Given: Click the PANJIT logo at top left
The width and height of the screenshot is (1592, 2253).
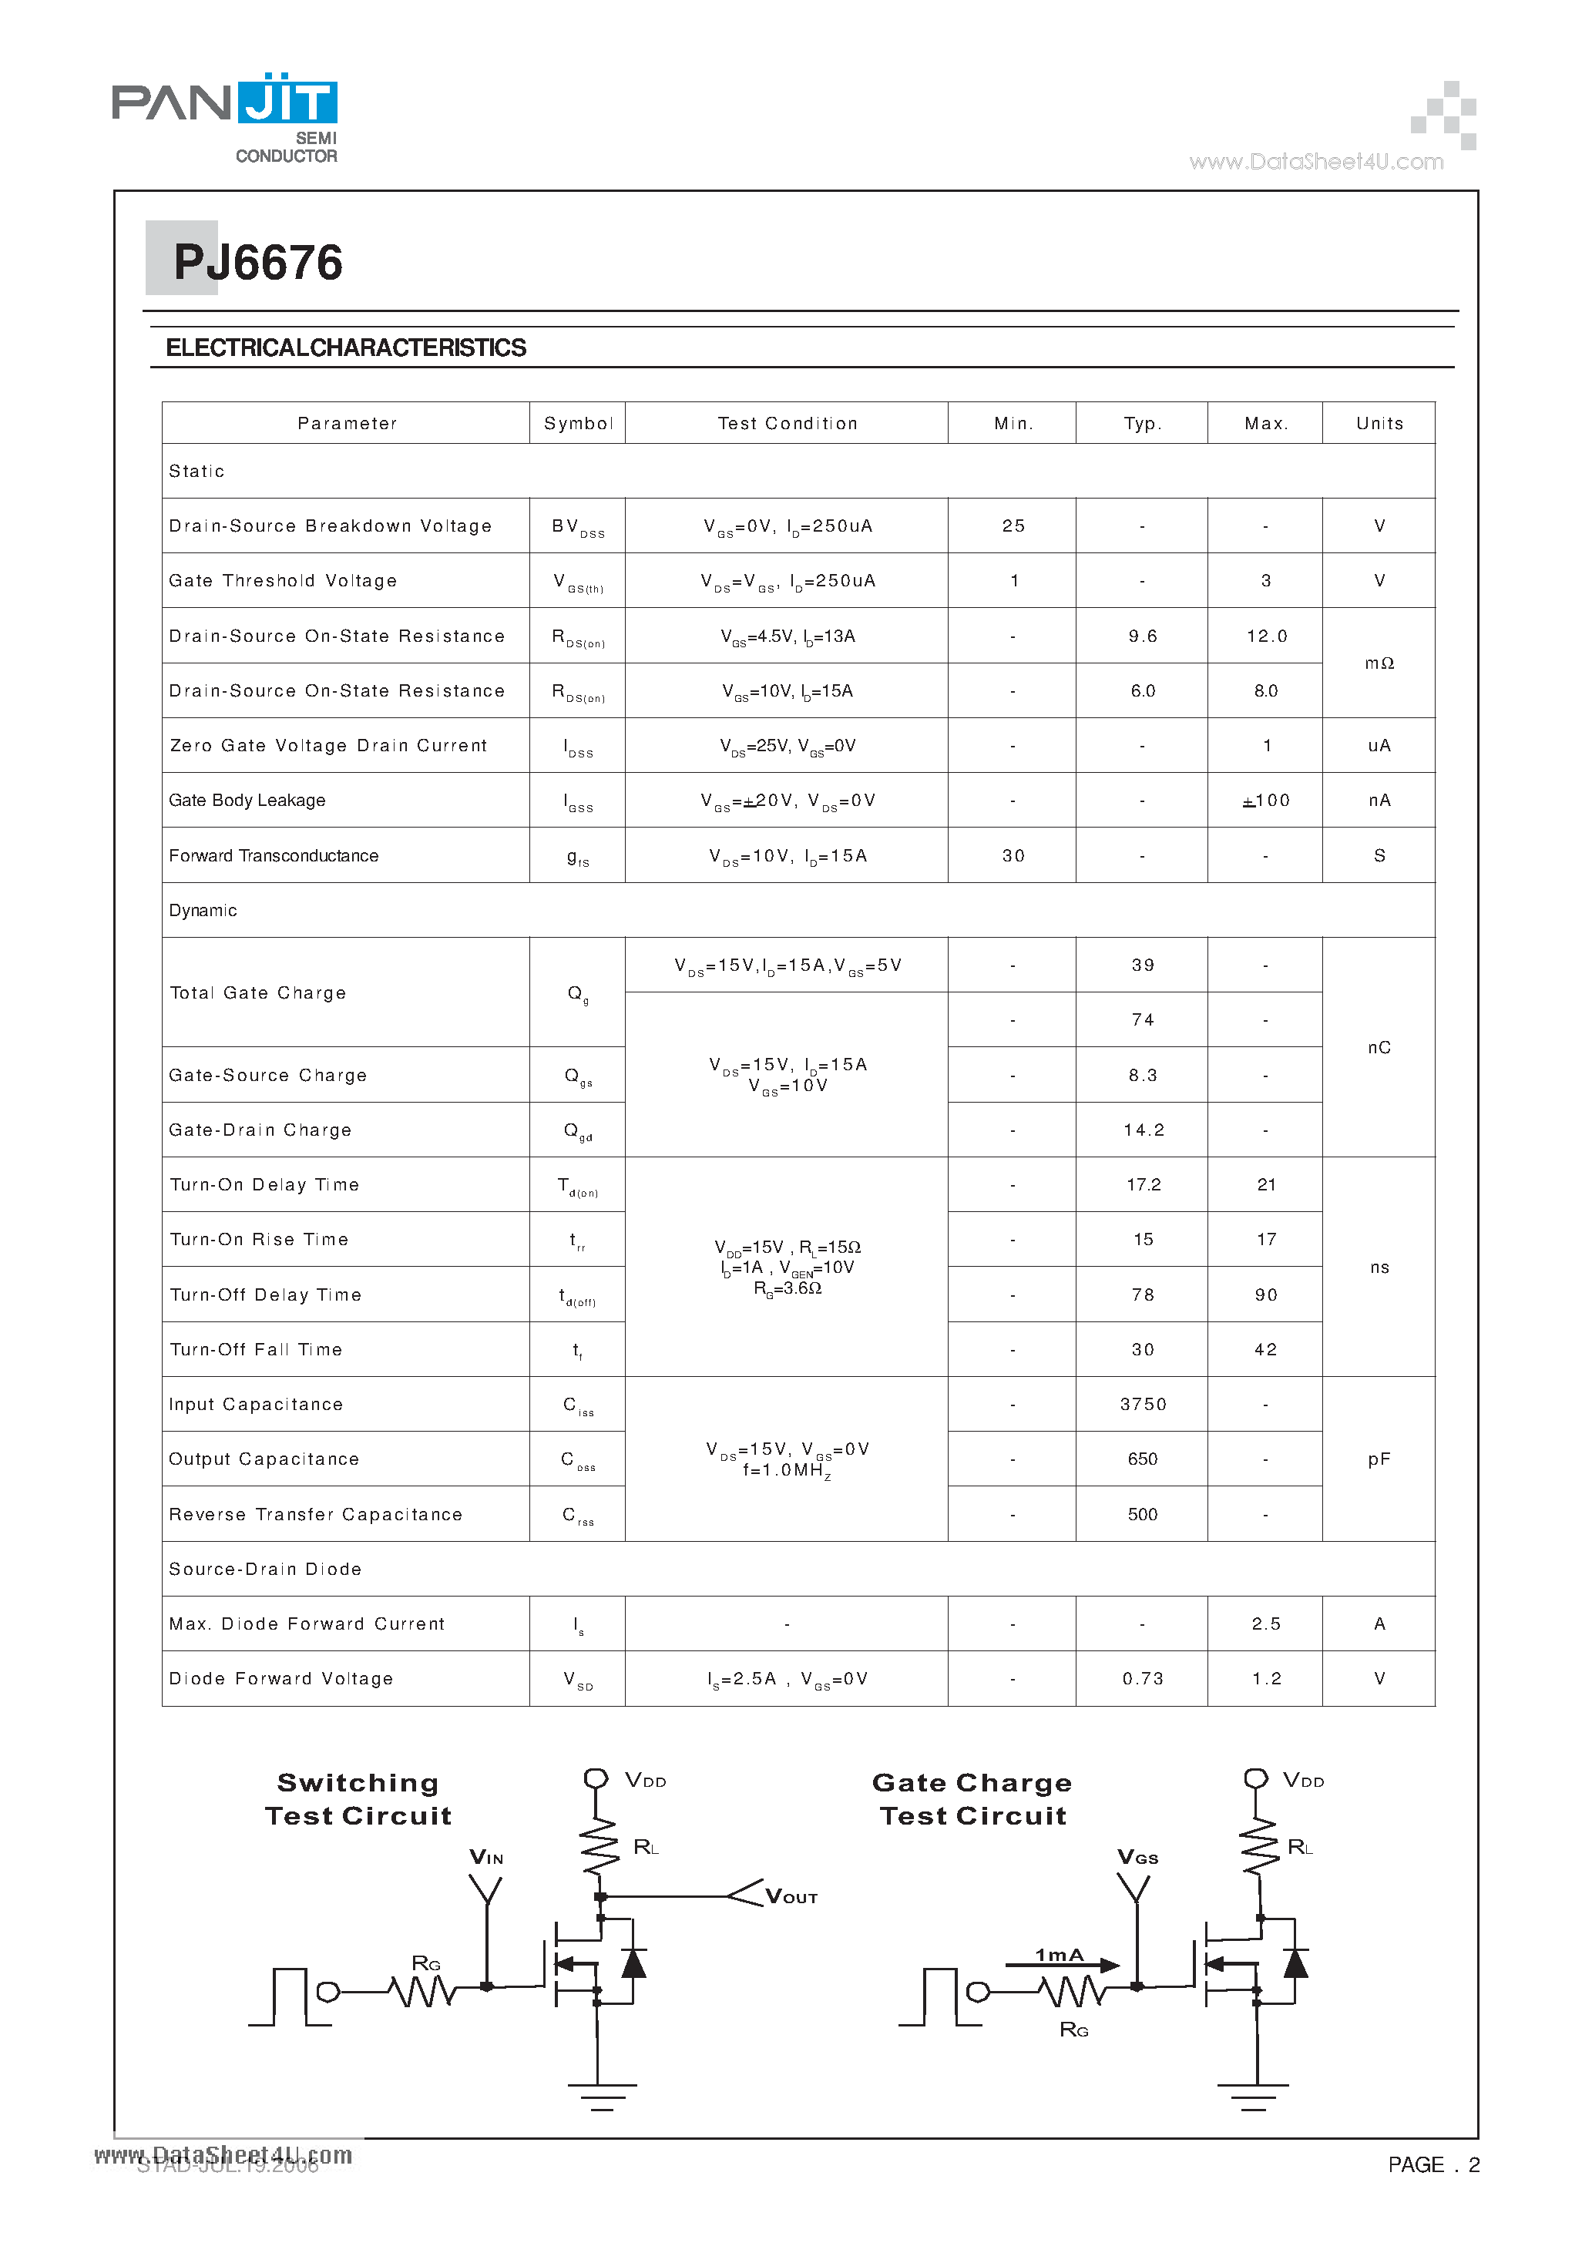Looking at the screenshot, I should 225,116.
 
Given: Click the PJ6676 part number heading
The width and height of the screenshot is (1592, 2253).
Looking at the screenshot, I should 257,263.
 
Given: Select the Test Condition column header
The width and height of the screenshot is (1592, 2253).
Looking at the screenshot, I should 788,423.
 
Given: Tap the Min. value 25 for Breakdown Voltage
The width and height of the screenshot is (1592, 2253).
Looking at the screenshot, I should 1013,526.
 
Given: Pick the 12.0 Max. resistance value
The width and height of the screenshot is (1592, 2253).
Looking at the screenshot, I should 1266,636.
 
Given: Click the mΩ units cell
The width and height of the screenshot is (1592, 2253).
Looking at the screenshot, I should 1379,663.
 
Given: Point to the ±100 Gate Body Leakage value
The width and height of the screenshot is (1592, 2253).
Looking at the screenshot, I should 1266,801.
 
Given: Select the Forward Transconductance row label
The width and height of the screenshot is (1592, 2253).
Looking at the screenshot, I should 274,856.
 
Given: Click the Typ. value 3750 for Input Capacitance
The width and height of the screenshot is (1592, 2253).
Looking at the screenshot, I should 1143,1404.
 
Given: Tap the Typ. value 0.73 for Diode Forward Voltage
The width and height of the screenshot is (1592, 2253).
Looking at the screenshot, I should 1143,1679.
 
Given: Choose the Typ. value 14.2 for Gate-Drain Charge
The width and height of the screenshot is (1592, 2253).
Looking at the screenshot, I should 1144,1130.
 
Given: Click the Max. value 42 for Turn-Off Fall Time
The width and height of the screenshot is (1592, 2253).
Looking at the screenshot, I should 1266,1349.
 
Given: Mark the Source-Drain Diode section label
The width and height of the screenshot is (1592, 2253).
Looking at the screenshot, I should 265,1569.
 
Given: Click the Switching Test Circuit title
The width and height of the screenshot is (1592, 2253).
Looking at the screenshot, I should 358,1798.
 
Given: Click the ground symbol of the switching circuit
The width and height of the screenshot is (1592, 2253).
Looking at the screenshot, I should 602,2096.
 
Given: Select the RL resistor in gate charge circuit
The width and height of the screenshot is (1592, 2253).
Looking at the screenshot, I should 1260,1847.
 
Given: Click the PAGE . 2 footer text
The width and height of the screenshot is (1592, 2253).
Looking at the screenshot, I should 1433,2164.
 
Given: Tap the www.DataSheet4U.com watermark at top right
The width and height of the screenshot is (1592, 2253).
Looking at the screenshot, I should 1316,162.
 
